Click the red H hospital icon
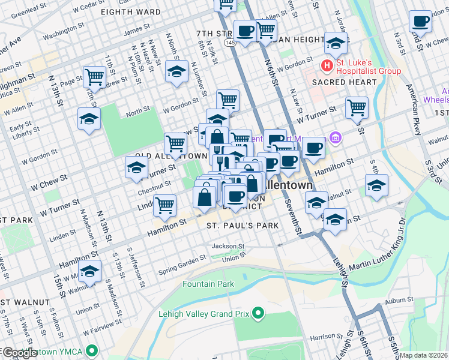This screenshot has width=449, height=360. (327, 65)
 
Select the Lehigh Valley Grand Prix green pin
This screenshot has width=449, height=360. (258, 313)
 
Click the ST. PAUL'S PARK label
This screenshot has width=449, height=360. (243, 226)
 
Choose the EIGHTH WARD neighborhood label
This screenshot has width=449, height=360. (130, 12)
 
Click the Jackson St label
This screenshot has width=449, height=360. (228, 246)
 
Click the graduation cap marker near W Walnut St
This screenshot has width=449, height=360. (90, 272)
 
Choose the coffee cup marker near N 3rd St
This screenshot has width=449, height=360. (420, 22)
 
